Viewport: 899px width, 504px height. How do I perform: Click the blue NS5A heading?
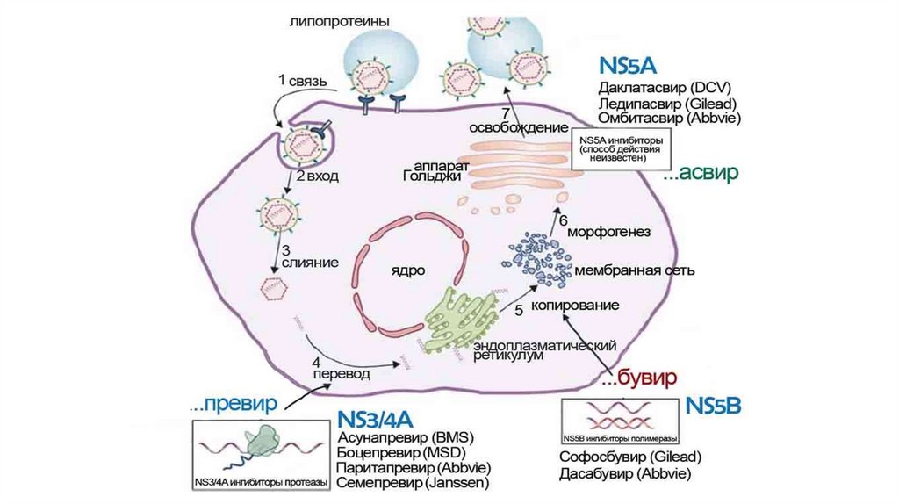coord(628,68)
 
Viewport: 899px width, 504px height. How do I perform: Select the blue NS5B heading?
coord(714,405)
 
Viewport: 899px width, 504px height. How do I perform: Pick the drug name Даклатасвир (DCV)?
coord(665,88)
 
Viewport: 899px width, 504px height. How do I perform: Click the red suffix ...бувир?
coord(641,378)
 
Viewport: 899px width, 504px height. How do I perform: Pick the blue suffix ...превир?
coord(234,405)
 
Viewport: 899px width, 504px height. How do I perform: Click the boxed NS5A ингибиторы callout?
coord(615,149)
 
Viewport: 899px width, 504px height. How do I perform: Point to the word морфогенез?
coord(608,233)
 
